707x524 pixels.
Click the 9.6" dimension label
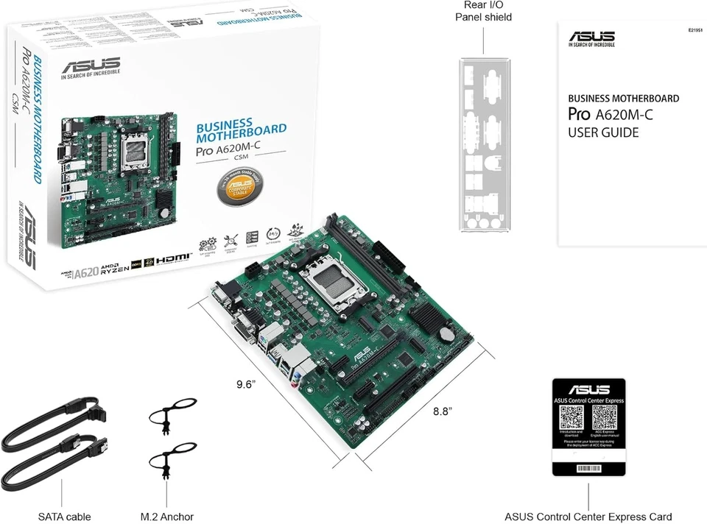pyautogui.click(x=250, y=384)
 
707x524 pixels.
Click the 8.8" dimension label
pyautogui.click(x=442, y=411)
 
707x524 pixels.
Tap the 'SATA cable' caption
pyautogui.click(x=65, y=517)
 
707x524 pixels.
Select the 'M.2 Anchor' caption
pyautogui.click(x=167, y=517)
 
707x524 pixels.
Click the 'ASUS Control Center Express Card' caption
pyautogui.click(x=588, y=517)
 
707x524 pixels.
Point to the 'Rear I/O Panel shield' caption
pyautogui.click(x=483, y=11)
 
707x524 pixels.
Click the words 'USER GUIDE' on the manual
pyautogui.click(x=603, y=133)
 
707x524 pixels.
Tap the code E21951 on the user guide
pyautogui.click(x=695, y=31)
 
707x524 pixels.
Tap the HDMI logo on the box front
pyautogui.click(x=175, y=258)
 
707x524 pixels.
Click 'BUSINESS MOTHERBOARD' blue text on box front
pyautogui.click(x=241, y=130)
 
